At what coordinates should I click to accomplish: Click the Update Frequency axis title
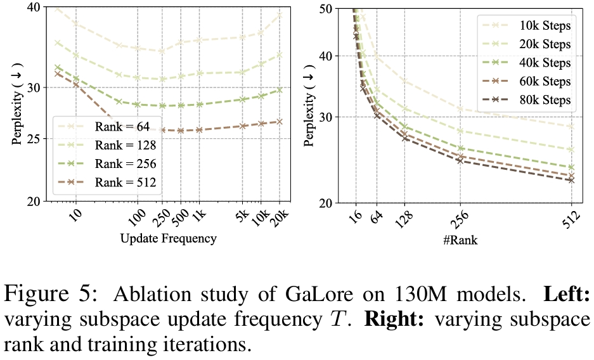tap(168, 239)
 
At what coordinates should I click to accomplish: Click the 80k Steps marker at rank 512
tap(571, 180)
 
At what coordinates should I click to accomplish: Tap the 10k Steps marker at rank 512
tap(571, 127)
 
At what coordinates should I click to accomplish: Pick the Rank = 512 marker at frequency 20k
tap(280, 121)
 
